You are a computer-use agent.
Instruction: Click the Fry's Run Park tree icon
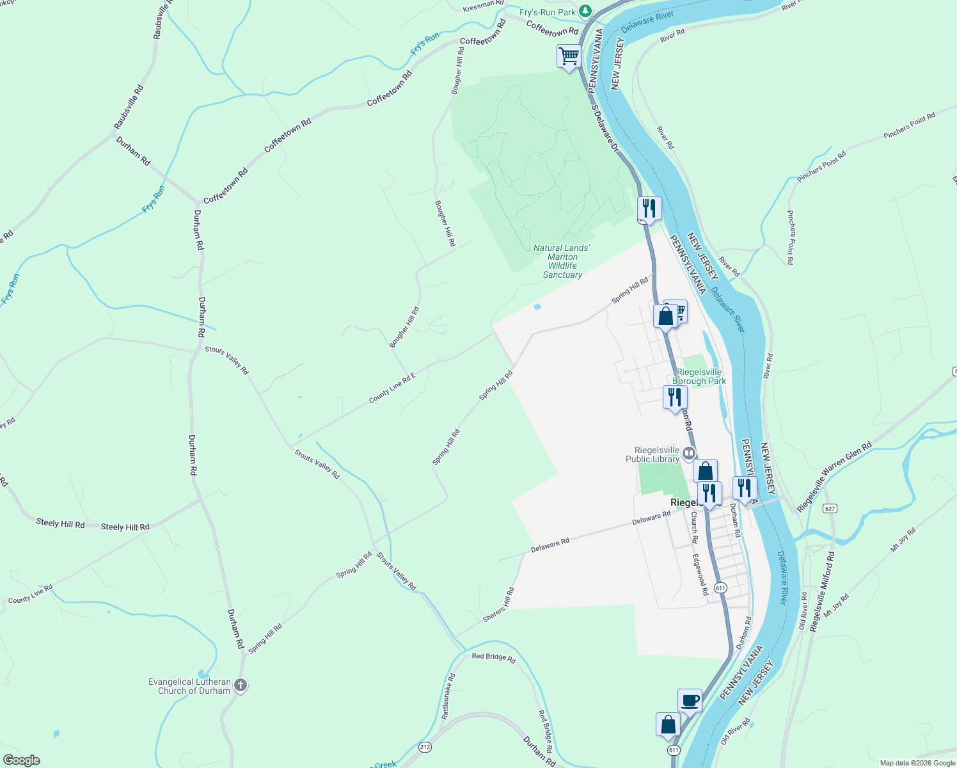point(585,12)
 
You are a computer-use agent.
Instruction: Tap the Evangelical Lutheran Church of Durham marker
point(241,685)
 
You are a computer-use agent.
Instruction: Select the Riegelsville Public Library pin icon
point(689,454)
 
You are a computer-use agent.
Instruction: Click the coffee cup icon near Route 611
point(690,700)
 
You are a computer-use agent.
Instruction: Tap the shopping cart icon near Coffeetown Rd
point(568,56)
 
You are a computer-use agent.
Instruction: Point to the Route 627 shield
point(830,509)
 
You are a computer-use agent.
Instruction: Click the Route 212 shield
point(425,747)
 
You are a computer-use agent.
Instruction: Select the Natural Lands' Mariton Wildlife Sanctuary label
point(562,261)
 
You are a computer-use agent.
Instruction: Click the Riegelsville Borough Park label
point(699,376)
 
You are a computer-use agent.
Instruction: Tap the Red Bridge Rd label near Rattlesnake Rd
point(493,657)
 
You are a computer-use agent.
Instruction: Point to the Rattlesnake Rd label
point(448,696)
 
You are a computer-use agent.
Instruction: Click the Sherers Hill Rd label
point(498,605)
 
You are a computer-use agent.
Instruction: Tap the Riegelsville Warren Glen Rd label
point(834,477)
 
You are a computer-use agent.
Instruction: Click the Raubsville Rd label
point(129,107)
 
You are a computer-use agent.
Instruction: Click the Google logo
point(22,760)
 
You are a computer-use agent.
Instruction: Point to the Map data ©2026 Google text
point(917,763)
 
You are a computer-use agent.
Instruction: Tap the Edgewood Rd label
point(700,575)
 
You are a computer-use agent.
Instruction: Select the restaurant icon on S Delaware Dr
point(649,209)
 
